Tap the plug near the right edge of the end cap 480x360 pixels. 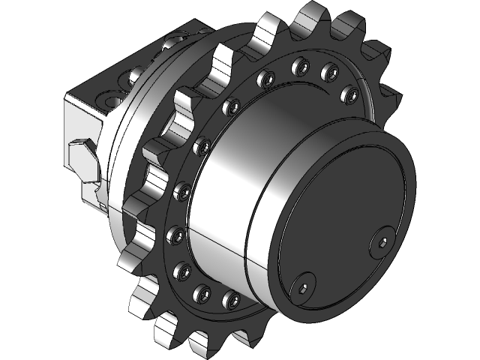point(383,241)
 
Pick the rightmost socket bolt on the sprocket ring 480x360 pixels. point(349,93)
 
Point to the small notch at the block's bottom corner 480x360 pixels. point(100,202)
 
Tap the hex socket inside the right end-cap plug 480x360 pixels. point(383,241)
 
